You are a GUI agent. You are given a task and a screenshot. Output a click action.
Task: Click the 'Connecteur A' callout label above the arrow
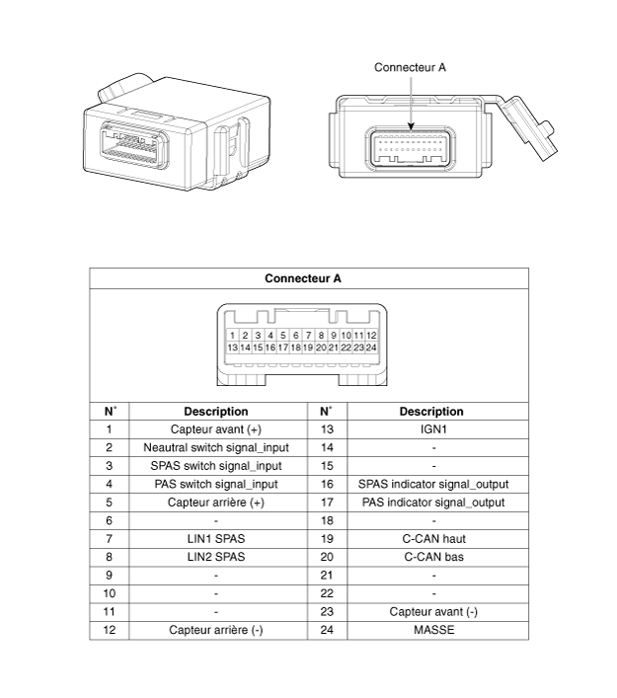tap(410, 68)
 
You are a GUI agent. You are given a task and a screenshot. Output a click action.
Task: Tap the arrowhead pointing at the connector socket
tap(411, 126)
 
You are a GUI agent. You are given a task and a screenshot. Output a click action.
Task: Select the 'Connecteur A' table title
tap(303, 278)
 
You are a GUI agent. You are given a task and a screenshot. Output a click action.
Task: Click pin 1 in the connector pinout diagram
tap(232, 336)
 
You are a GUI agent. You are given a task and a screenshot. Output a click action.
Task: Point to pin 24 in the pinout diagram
tap(371, 348)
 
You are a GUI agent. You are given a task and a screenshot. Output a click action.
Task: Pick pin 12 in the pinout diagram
tap(371, 336)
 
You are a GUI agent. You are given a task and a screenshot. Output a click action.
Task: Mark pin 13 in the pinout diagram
tap(232, 348)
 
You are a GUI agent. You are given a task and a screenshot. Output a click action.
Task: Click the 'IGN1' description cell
tap(433, 429)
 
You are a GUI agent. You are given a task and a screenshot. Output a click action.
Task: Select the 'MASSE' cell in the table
tap(434, 630)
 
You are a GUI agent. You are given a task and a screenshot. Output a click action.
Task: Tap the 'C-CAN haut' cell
tap(434, 539)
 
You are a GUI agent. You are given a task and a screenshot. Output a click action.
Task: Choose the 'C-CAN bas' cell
tap(434, 558)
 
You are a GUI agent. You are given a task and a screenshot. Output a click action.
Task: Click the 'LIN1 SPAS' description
tap(216, 539)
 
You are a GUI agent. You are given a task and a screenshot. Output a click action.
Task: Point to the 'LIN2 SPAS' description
tap(216, 558)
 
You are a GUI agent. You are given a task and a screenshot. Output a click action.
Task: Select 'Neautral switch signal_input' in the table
tap(216, 448)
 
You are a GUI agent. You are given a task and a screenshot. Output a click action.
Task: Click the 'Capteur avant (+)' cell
tap(216, 429)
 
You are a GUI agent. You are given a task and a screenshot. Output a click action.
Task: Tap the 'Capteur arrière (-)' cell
tap(216, 630)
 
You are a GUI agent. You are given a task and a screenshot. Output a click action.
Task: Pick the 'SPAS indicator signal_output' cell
tap(433, 485)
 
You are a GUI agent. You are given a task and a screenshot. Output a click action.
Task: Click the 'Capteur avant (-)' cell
tap(433, 612)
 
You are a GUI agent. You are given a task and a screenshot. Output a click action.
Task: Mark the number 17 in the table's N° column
tap(327, 503)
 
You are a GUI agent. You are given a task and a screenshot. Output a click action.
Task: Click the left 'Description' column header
tap(216, 412)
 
